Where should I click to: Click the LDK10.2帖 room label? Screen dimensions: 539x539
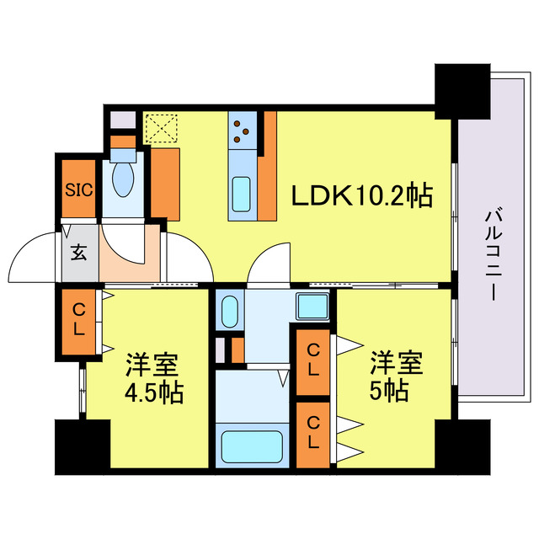pos(362,196)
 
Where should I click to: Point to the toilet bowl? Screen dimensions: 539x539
pos(124,176)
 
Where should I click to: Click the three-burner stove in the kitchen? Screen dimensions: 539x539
pos(242,129)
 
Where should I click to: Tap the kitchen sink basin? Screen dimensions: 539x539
pos(243,195)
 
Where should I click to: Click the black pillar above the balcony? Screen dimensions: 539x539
pos(462,89)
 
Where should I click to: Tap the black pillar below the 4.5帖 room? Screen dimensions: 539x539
pos(82,446)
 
